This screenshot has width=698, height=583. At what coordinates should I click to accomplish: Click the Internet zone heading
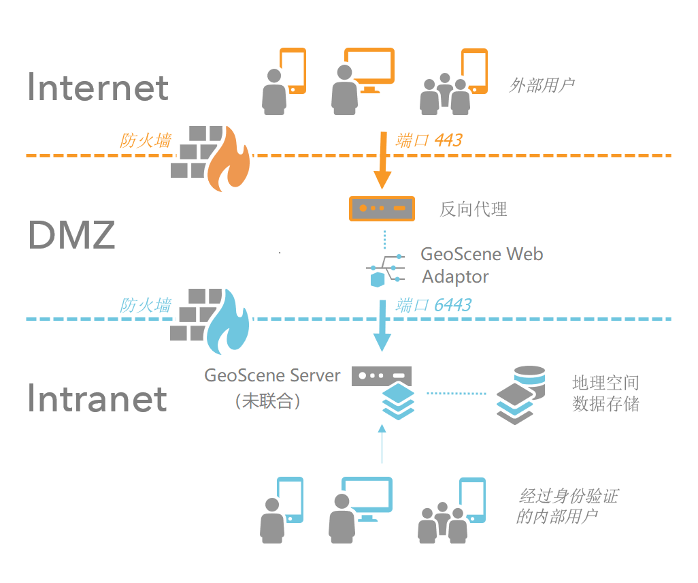coord(98,88)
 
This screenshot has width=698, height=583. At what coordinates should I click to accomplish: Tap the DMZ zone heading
coord(71,236)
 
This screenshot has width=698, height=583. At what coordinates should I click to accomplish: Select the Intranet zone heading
coord(97,398)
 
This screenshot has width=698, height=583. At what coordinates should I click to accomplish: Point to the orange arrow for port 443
coord(382,161)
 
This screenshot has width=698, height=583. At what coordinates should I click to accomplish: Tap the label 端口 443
coord(429,140)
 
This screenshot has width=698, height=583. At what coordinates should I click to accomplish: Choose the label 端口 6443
coord(433,304)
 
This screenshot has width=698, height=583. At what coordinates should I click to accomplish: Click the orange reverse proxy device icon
coord(382,208)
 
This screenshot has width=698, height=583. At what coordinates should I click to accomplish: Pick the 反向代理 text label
coord(473,209)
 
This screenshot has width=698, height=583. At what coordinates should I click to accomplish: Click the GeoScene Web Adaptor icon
coord(385,270)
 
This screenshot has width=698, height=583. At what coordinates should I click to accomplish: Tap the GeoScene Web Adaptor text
coord(482,265)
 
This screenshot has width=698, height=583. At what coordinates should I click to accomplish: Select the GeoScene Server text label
coord(272,375)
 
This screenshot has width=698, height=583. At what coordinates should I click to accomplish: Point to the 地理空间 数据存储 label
coord(605,393)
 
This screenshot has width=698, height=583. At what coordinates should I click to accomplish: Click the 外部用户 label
coord(542,85)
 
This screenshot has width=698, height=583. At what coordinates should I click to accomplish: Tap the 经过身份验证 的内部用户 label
coord(567,505)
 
